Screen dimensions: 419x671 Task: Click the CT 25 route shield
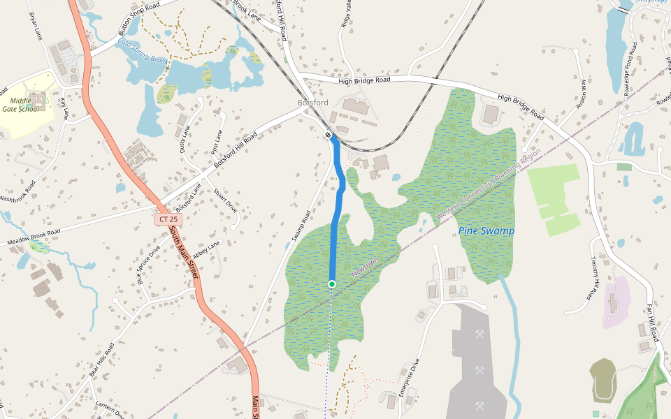point(168,219)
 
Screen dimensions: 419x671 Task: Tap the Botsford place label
point(312,103)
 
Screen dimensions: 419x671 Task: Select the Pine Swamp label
point(486,230)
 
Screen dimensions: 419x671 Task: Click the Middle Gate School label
point(20,105)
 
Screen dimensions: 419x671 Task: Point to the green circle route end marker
point(332,284)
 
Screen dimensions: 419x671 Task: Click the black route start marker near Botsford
point(328,134)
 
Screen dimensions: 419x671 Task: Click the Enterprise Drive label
point(409,378)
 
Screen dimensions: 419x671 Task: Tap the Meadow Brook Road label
point(36,238)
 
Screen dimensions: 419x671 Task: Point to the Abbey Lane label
point(207,249)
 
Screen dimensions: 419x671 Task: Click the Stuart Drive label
point(226,200)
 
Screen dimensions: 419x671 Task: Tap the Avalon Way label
point(582,94)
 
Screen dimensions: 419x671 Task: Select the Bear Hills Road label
point(101,360)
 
